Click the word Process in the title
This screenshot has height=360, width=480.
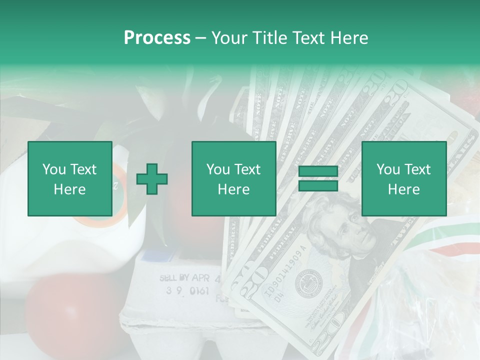click(157, 38)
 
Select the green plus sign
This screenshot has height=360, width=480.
click(152, 179)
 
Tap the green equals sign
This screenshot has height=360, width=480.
click(318, 179)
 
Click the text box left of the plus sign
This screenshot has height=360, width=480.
click(70, 179)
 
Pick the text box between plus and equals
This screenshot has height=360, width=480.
click(233, 179)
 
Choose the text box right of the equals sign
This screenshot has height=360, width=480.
click(403, 179)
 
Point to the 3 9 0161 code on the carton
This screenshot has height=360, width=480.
click(187, 291)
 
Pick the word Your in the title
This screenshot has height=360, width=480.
click(229, 38)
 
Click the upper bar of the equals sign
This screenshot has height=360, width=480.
click(318, 171)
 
